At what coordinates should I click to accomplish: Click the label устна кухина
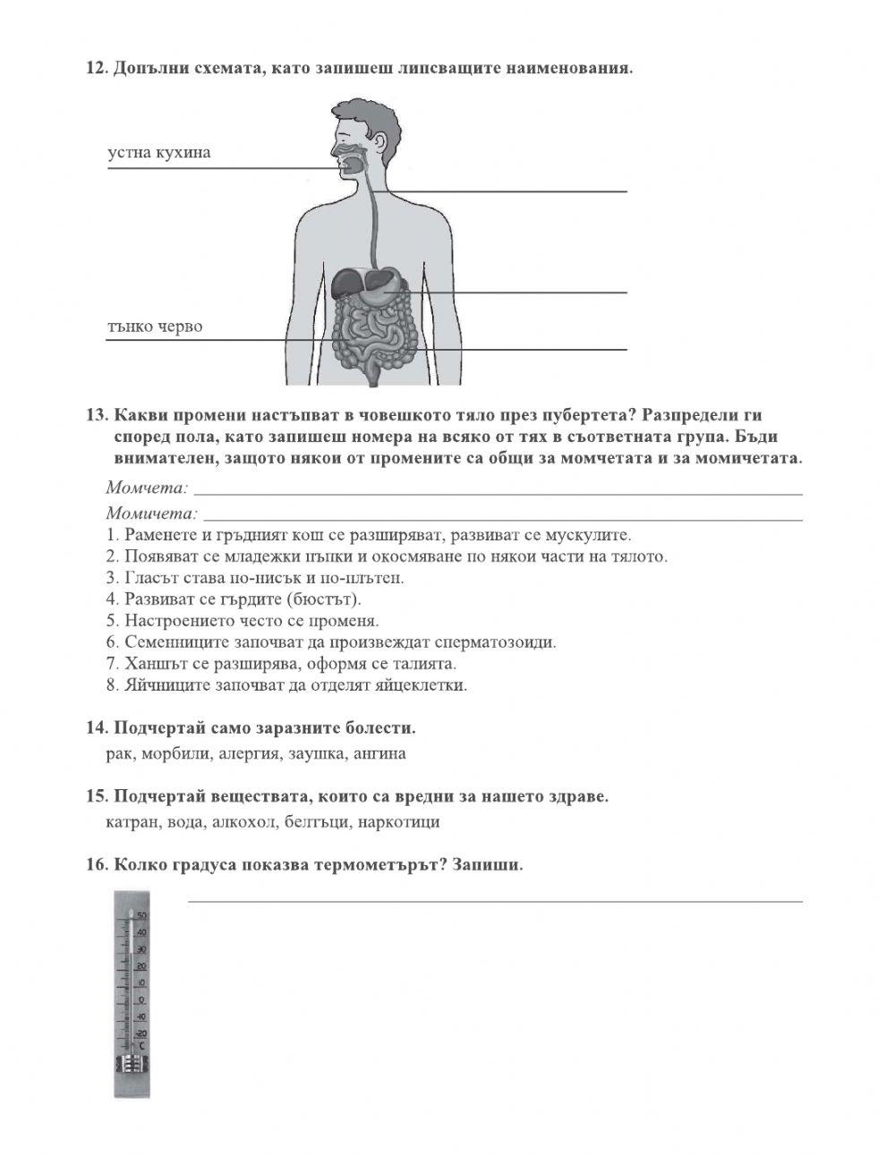click(x=158, y=152)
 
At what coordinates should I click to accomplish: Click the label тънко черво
click(x=154, y=327)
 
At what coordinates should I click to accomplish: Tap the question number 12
click(x=96, y=69)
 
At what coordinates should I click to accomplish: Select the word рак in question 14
click(x=119, y=753)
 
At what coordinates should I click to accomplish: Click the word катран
click(x=132, y=821)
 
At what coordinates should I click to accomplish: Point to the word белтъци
click(x=318, y=821)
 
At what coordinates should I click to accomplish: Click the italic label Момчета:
click(x=146, y=488)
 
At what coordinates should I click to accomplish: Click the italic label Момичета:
click(x=150, y=514)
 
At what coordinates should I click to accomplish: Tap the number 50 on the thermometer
click(x=141, y=916)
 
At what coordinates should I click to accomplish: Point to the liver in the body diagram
click(x=347, y=285)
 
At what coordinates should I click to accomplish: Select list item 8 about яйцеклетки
click(x=286, y=686)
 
